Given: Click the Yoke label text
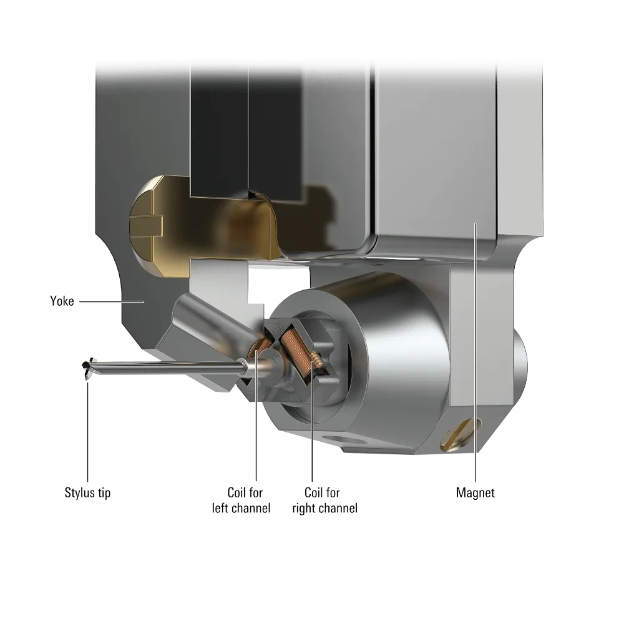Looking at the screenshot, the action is (62, 301).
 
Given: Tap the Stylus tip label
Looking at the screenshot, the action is (87, 493).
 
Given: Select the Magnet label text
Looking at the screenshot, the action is (475, 493).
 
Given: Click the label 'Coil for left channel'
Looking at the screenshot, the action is (241, 500).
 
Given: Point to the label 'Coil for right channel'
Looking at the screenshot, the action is (324, 500).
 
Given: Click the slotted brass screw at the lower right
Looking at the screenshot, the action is (460, 434).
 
